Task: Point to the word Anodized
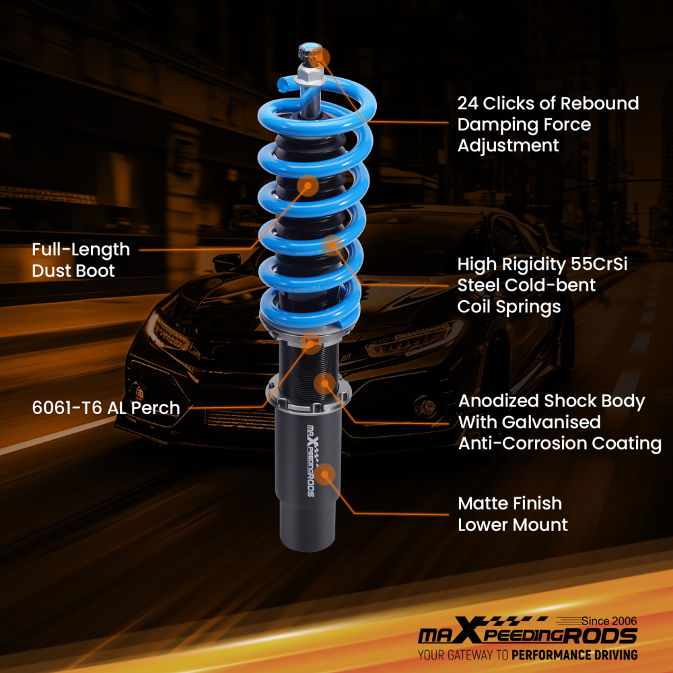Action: [x=499, y=401]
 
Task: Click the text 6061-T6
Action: [x=66, y=408]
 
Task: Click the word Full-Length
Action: [x=81, y=250]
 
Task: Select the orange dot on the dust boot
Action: [x=307, y=185]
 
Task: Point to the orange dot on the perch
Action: [x=310, y=343]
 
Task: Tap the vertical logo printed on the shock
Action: [x=310, y=461]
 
